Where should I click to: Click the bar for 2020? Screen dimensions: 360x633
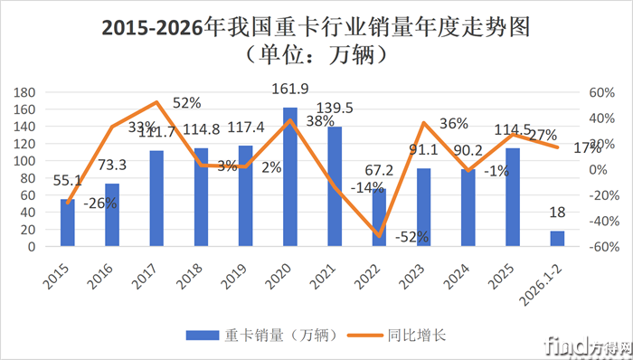(290, 177)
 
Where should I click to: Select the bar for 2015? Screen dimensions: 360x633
(68, 223)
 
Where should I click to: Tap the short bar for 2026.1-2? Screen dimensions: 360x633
(557, 239)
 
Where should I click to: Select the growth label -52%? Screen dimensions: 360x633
(412, 237)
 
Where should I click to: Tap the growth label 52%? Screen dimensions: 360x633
(187, 102)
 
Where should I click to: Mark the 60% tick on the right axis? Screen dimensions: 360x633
(600, 92)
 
